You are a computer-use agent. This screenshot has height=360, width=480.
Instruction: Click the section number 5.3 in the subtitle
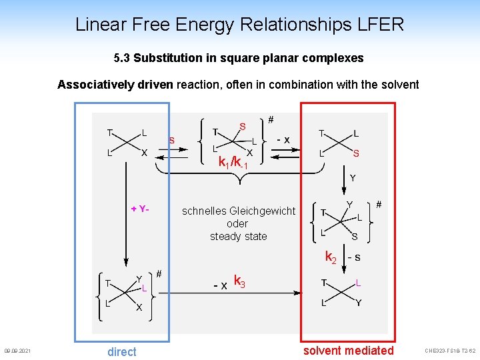coord(122,58)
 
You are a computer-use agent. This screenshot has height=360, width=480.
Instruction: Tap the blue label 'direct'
coord(121,351)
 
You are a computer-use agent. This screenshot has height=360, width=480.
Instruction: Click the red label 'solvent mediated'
coord(348,351)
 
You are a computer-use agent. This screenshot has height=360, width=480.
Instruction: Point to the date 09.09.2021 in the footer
coord(17,351)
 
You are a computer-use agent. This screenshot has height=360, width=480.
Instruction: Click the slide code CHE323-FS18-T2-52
coord(450,351)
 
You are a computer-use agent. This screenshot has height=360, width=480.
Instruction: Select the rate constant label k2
coord(331,256)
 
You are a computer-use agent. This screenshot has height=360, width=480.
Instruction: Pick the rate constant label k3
coord(239,282)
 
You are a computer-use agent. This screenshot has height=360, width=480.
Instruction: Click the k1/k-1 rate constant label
coord(233,162)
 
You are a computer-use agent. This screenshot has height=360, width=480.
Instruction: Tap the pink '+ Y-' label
coord(140,209)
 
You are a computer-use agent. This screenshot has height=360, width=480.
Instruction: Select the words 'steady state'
coord(238,236)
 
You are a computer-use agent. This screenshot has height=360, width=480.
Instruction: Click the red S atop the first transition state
coord(242,126)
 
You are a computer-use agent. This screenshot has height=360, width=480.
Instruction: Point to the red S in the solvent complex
coord(356,153)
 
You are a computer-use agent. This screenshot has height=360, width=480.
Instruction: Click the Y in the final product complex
coord(358,303)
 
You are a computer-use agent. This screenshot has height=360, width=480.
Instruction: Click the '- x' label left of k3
coord(220,285)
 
